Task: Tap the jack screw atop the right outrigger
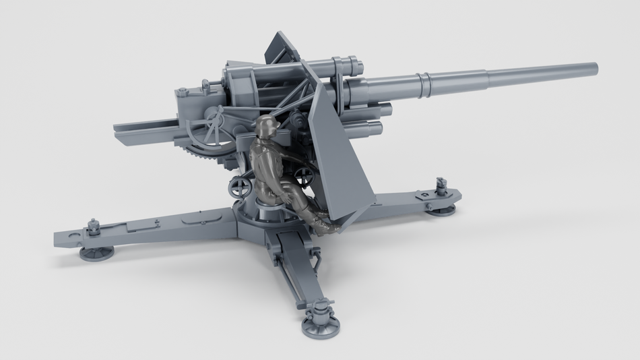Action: click(442, 183)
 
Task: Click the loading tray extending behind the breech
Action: click(145, 131)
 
